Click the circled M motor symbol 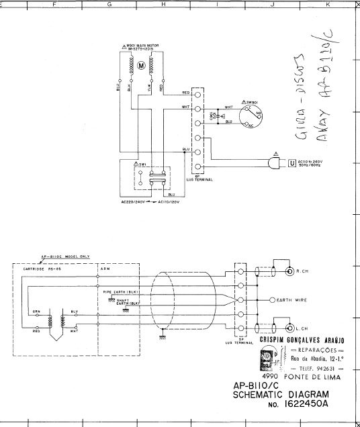tap(142, 66)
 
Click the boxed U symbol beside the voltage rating tap(291, 162)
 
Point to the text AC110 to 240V tap(311, 160)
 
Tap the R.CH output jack tap(289, 272)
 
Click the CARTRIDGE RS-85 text tap(38, 269)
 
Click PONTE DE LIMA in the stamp tap(312, 377)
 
